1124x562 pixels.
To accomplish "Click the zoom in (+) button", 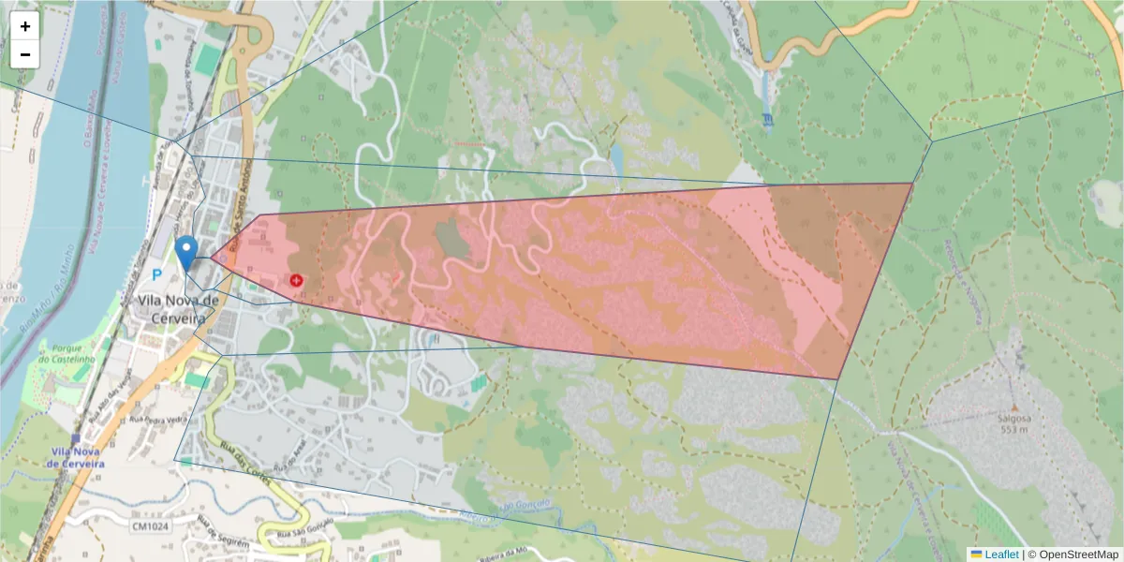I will click(25, 26).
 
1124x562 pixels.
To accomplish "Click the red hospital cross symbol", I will click(296, 280).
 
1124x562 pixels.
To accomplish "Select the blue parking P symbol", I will click(156, 274).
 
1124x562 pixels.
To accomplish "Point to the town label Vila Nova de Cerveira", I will click(177, 309).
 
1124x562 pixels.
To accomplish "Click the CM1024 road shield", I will click(150, 526).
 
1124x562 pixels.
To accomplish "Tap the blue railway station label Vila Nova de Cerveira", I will click(76, 457).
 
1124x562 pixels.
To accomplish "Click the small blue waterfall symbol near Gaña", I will click(768, 119).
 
